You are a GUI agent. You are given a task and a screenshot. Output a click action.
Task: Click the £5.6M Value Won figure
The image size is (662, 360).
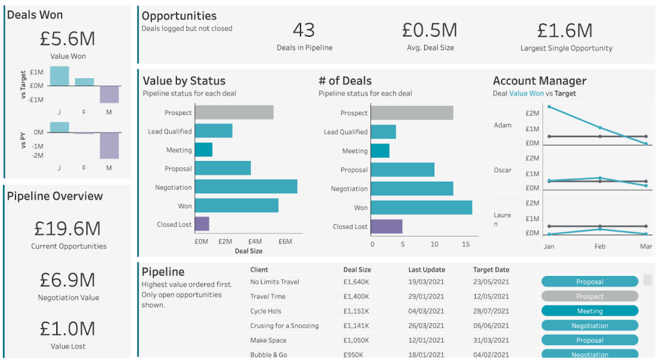coord(67,39)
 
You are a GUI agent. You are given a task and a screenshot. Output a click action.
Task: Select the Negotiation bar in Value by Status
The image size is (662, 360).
coord(246,187)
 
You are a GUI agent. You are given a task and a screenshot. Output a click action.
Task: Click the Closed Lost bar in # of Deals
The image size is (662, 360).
coord(387,226)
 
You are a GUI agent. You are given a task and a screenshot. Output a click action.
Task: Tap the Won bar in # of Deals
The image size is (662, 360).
coord(421,207)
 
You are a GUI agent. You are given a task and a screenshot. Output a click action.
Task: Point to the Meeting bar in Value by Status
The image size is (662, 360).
coord(204,150)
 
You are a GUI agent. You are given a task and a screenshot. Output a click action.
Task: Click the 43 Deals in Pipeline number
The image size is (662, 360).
coord(303,30)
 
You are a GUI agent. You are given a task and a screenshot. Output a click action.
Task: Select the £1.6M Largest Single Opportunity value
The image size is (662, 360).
coord(565,30)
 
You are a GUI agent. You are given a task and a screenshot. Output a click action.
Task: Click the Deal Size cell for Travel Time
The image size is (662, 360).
coord(357,297)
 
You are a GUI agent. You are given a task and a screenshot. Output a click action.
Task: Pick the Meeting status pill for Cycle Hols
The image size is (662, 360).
coord(590,311)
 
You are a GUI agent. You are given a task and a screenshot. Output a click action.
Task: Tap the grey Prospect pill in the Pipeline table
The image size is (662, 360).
coord(590,297)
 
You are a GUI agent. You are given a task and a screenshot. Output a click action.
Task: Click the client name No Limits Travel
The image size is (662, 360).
coord(275,282)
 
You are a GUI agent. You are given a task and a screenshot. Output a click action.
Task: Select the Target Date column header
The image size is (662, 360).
coord(491,270)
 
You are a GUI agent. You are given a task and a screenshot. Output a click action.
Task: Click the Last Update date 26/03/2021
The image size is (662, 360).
coord(426,326)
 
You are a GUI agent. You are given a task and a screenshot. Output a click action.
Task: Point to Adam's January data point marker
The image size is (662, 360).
coord(549,107)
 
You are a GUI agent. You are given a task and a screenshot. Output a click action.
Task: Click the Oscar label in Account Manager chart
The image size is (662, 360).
coord(502,171)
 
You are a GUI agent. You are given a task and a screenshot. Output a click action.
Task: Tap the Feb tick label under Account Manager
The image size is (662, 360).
coord(600,246)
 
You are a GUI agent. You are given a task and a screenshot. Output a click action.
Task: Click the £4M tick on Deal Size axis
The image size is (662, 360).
coord(255,242)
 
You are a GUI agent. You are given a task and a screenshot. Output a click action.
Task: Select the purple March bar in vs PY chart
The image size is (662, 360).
coord(109,145)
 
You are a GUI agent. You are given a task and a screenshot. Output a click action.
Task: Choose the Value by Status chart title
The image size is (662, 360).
coord(184,81)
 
